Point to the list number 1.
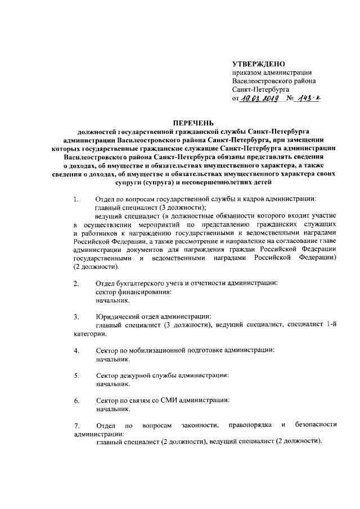(x=76, y=199)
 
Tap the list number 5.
(x=76, y=376)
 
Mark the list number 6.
(x=76, y=401)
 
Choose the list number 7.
(x=76, y=426)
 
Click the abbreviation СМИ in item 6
(x=171, y=400)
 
